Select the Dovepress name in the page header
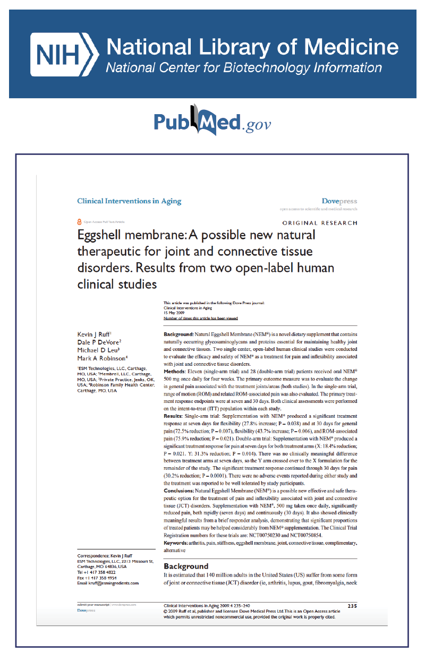pos(339,201)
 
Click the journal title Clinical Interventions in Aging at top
pos(129,201)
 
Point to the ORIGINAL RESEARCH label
pos(319,223)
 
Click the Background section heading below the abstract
pos(186,566)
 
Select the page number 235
pos(352,606)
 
